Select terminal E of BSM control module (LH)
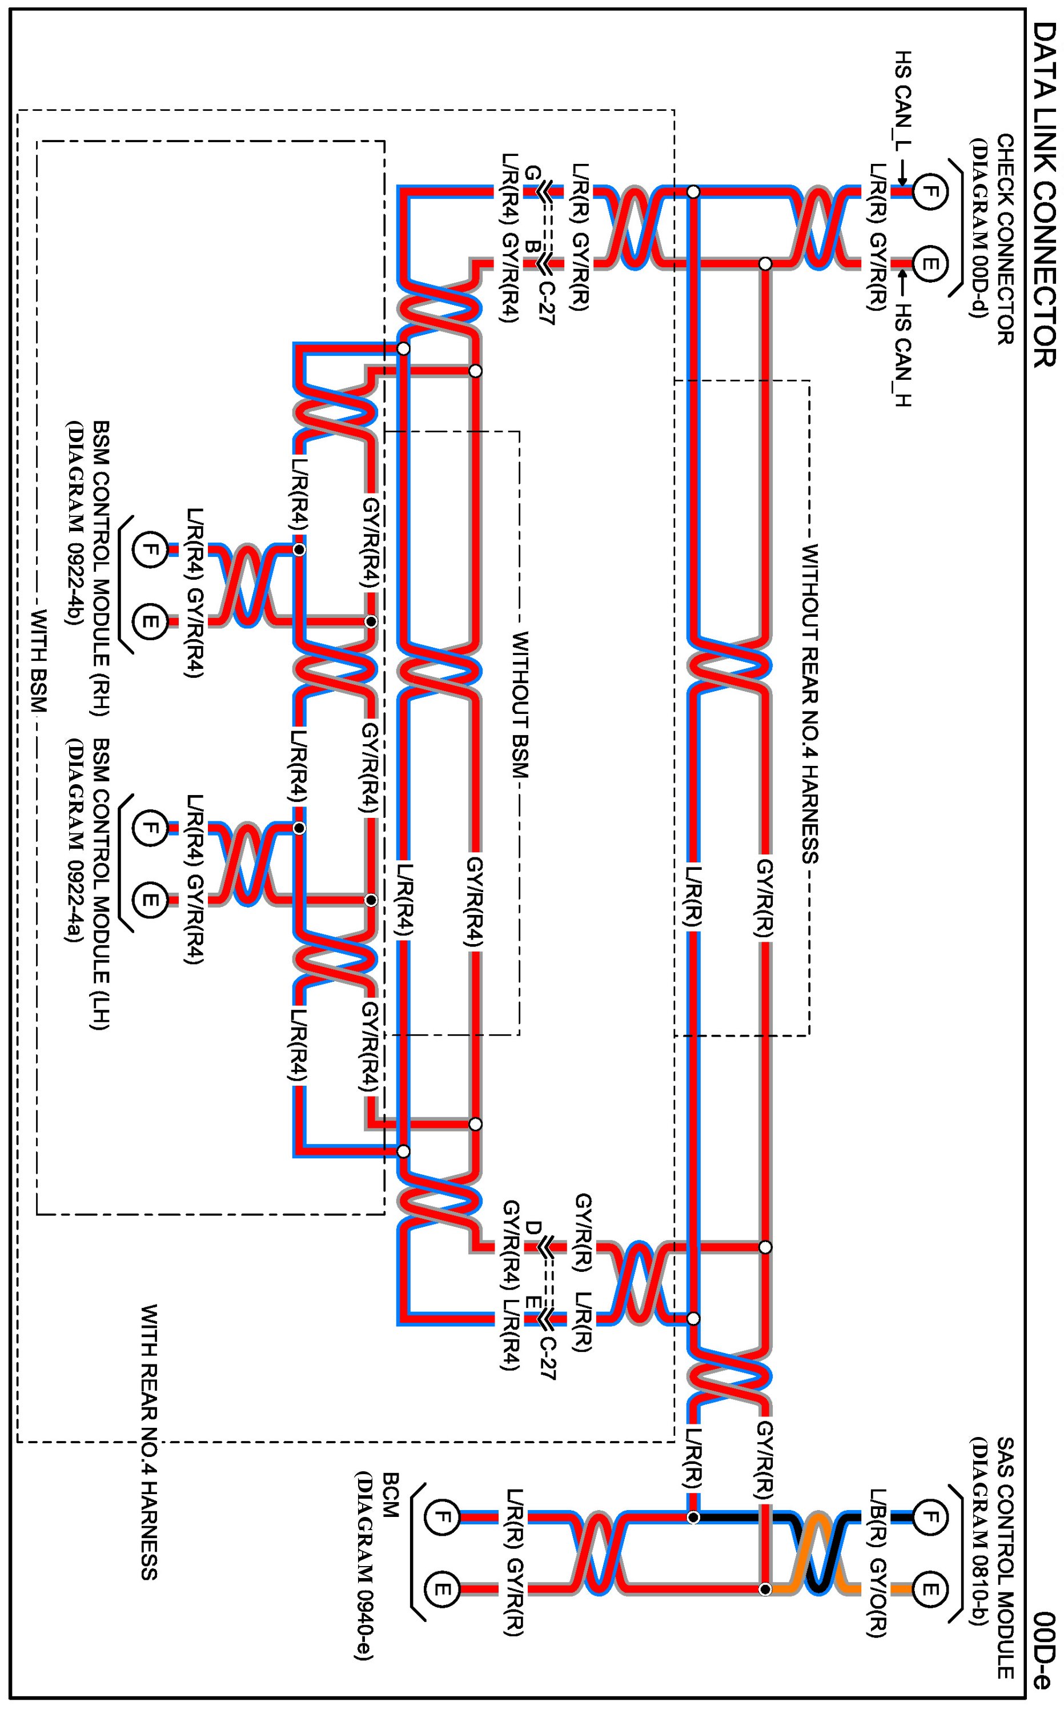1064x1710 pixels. coord(150,900)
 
